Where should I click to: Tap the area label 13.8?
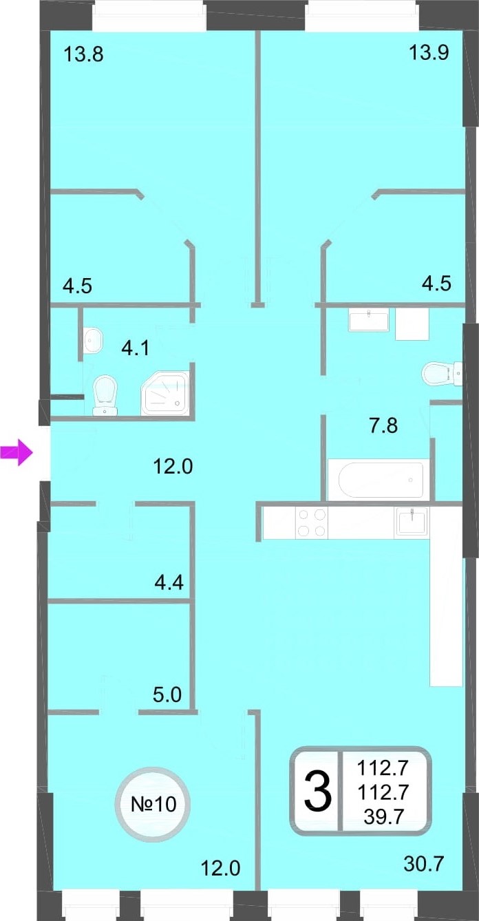[83, 54]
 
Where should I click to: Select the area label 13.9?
[429, 52]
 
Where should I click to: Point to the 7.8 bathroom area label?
[383, 425]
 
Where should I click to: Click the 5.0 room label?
[167, 695]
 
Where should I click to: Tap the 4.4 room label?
[169, 582]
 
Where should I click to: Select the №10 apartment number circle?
[153, 803]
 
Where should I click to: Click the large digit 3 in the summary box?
[317, 791]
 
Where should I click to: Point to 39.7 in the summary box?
[383, 816]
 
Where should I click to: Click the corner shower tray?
[165, 393]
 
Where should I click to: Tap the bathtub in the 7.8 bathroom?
[381, 480]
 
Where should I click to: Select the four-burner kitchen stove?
[312, 522]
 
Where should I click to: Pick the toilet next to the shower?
[105, 395]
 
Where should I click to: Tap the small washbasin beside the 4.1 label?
[94, 340]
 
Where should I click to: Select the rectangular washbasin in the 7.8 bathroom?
[368, 321]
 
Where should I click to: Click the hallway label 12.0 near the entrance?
[173, 467]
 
